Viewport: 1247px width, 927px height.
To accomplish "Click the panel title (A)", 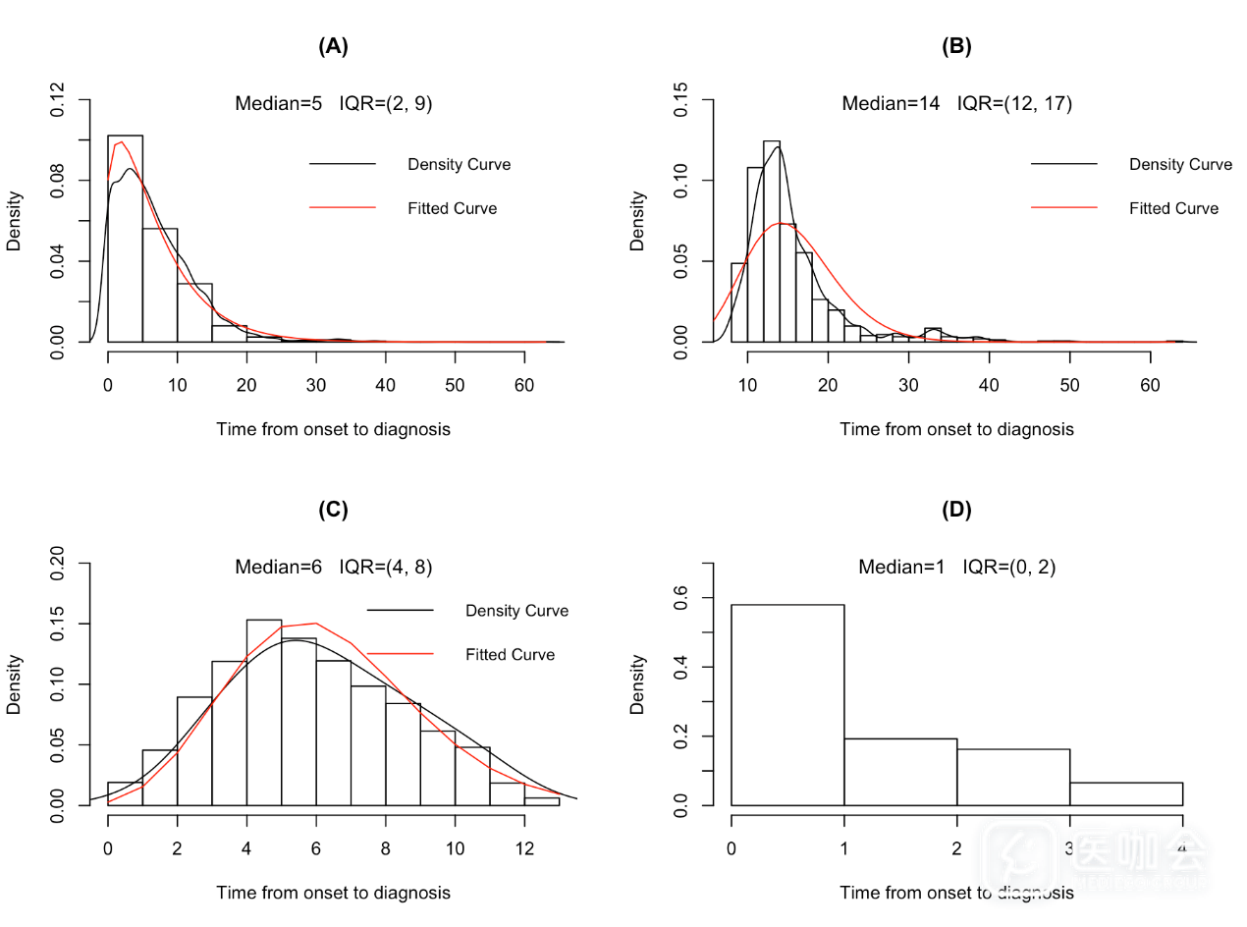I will [333, 46].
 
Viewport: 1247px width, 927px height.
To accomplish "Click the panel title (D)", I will [956, 510].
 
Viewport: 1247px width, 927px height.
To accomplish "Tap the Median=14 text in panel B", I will [892, 103].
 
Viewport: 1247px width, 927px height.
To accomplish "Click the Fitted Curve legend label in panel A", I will [453, 208].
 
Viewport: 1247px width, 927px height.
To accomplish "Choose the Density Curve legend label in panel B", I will [1180, 164].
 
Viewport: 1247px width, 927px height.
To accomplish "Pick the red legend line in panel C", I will [400, 654].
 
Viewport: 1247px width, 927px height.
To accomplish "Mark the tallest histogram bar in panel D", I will [787, 704].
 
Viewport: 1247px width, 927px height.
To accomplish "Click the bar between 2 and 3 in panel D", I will [1013, 777].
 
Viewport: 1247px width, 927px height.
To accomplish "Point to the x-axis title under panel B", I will [956, 429].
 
